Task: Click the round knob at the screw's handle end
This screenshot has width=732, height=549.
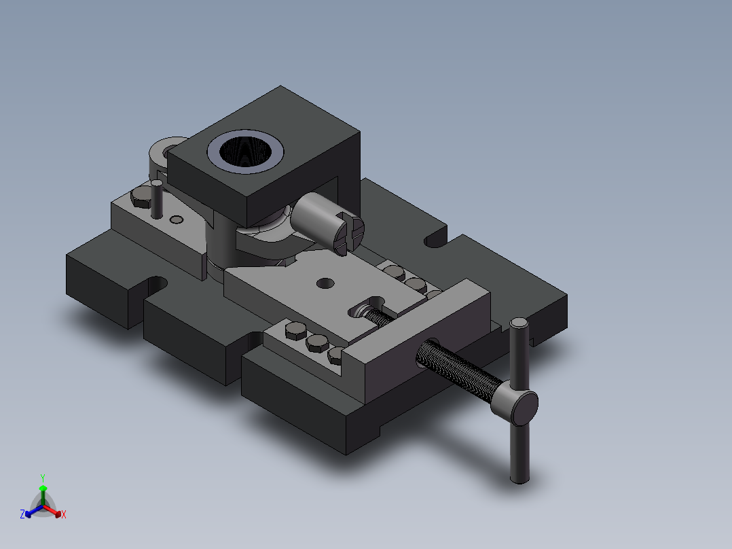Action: [524, 407]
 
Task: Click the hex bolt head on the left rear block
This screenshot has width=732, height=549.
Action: [141, 197]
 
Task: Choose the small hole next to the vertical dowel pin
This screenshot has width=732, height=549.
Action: [177, 219]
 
